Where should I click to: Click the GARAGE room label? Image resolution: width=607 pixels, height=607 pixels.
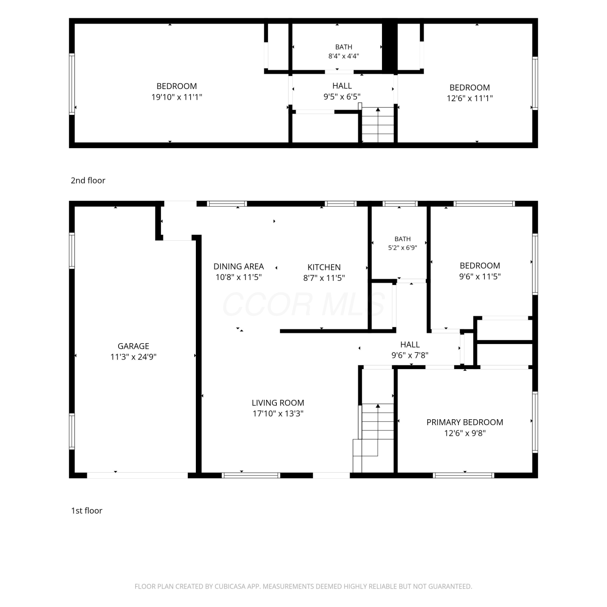click(133, 346)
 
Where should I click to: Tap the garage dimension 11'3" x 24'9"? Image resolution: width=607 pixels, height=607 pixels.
click(133, 357)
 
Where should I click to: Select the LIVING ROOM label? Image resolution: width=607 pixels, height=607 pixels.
click(278, 403)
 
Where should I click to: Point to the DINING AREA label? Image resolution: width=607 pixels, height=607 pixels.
click(238, 266)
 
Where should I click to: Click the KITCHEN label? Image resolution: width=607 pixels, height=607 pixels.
click(324, 267)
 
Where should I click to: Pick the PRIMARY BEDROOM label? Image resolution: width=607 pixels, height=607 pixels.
click(465, 422)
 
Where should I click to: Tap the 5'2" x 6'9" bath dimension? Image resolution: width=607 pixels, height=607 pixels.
click(402, 248)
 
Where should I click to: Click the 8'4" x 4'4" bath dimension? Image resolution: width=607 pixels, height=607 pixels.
click(344, 56)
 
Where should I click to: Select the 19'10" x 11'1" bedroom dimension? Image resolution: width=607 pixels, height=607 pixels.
click(176, 97)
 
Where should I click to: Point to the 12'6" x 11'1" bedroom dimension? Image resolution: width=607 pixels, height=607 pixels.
click(469, 98)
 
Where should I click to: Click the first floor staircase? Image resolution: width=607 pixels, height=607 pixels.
click(373, 437)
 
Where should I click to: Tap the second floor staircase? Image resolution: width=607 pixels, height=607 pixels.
click(378, 125)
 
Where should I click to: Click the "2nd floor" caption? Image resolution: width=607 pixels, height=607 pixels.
click(88, 180)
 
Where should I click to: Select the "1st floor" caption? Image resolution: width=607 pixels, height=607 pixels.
click(87, 511)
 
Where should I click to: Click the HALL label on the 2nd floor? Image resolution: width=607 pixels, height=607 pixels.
click(342, 86)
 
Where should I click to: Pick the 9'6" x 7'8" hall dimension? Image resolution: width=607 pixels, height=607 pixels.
click(410, 355)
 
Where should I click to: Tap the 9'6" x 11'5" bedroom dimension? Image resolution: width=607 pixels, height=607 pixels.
click(480, 276)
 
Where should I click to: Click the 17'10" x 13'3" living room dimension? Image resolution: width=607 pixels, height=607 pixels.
click(278, 414)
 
